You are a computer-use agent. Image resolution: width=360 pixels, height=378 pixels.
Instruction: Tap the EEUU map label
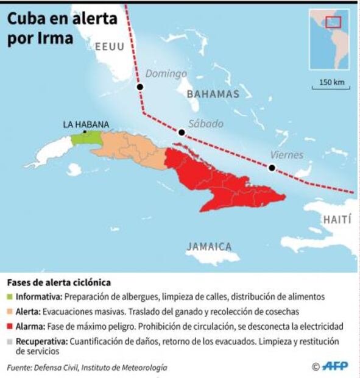coord(110,46)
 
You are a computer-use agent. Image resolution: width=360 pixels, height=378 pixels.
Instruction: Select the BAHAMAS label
coord(213,94)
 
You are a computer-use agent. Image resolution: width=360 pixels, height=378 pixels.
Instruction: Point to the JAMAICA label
coord(209,247)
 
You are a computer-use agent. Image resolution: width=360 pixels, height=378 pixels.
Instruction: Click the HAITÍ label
coord(336,219)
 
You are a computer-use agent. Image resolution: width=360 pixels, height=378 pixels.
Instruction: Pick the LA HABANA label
coord(86,124)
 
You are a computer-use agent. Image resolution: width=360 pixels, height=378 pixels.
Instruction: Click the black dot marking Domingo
coord(140,87)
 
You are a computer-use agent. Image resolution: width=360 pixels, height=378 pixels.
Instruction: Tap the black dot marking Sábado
coord(181,132)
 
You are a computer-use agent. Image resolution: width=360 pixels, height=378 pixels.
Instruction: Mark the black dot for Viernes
coord(272,168)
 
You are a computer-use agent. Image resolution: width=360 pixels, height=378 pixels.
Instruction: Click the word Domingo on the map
coord(166,74)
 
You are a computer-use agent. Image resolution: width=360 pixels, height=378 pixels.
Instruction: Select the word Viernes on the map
coord(286,155)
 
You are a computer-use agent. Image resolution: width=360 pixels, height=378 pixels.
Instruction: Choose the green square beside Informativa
coord(10,298)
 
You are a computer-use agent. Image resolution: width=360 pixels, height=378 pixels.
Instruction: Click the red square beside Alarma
coord(10,327)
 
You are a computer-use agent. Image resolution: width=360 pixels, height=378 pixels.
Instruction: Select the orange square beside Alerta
coord(10,312)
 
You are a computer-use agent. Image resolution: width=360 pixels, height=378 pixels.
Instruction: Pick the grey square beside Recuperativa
coord(10,341)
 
